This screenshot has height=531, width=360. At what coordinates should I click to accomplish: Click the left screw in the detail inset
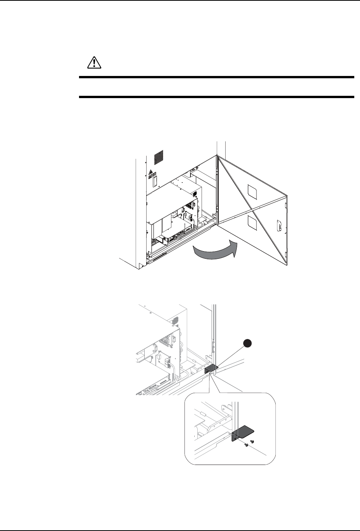pos(248,444)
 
